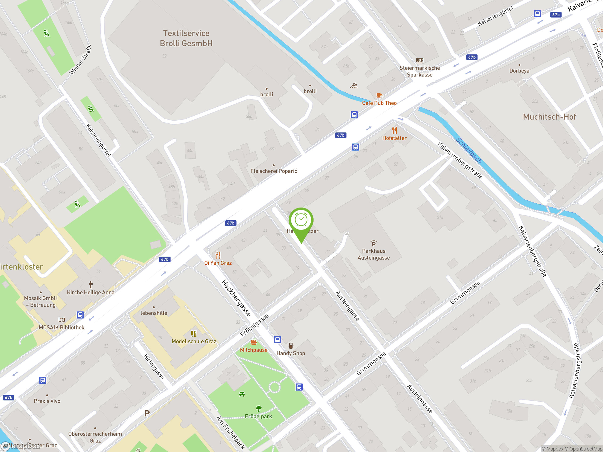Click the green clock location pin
tap(301, 221)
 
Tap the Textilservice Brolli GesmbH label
tap(186, 38)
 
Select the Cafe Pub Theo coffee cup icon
tap(379, 95)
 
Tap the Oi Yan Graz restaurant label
tap(218, 263)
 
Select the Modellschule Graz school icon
tap(194, 334)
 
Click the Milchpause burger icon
tap(253, 342)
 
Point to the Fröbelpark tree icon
tap(259, 408)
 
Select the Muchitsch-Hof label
tap(549, 117)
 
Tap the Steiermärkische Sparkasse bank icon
tap(420, 60)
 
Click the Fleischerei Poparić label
tap(274, 171)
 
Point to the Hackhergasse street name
tap(236, 298)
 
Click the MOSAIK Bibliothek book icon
tap(62, 320)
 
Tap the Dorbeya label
tap(519, 71)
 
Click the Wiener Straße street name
tap(80, 59)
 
